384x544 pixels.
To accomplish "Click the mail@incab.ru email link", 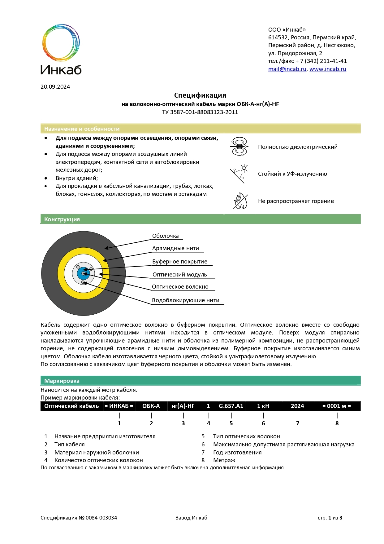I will tap(287, 69).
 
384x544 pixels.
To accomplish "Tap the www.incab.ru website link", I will tap(327, 69).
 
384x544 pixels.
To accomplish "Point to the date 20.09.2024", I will tap(55, 87).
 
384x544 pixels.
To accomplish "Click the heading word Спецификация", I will tap(200, 95).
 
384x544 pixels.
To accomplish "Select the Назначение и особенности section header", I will tap(82, 129).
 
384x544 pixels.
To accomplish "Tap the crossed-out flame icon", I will tap(240, 201).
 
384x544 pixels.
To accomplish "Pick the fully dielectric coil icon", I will tap(239, 146).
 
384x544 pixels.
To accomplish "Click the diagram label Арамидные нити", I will tap(175, 248).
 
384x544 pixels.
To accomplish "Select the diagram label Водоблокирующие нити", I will tap(185, 300).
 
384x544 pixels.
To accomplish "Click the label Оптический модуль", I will tap(179, 275).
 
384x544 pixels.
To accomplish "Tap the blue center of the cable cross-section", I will tap(83, 273).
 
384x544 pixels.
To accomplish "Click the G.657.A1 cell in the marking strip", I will tap(231, 406).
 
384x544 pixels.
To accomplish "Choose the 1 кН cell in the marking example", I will tap(263, 406).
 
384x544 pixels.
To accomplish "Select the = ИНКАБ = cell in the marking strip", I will tap(119, 406).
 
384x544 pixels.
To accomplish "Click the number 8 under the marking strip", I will tap(337, 423).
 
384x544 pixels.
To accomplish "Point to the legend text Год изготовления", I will tap(237, 453).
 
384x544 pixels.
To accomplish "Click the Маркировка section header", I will tap(62, 381).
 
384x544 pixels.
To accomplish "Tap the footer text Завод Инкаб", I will tap(191, 518).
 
